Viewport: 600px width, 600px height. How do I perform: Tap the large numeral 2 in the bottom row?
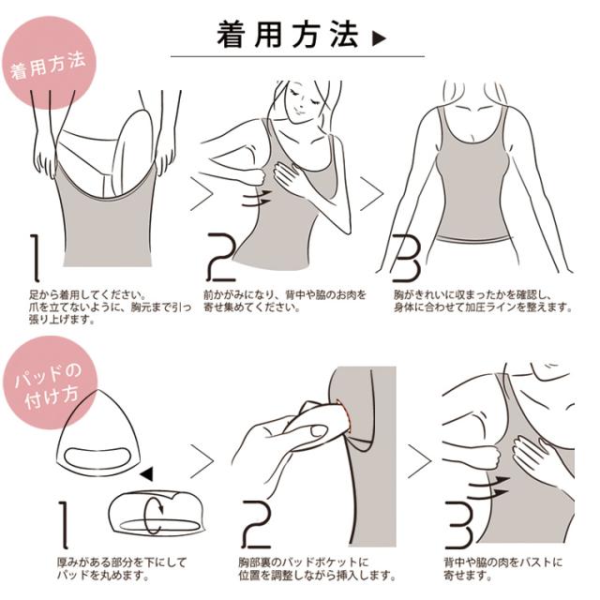256,528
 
